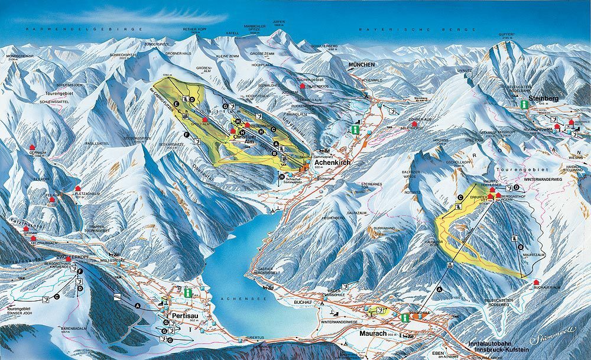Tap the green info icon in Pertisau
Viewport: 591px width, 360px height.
click(x=187, y=292)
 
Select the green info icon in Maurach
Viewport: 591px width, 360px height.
click(x=405, y=318)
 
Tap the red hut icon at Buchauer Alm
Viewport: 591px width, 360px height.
click(x=535, y=283)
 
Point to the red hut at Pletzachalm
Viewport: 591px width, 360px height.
click(x=77, y=189)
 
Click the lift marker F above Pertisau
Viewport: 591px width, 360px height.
click(x=80, y=271)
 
